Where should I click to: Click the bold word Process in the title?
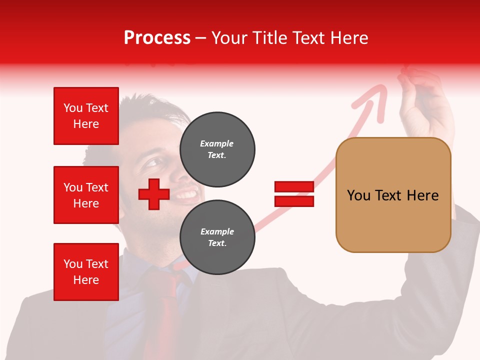(x=157, y=38)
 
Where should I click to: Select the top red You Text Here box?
(x=86, y=116)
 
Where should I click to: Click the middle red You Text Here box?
(x=86, y=195)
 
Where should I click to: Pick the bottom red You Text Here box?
(x=86, y=271)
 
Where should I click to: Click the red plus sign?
(x=154, y=194)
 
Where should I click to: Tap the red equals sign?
(x=294, y=194)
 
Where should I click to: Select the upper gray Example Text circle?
(x=217, y=149)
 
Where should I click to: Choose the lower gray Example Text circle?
(x=217, y=237)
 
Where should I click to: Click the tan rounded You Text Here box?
(x=393, y=195)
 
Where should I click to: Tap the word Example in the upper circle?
(x=217, y=143)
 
